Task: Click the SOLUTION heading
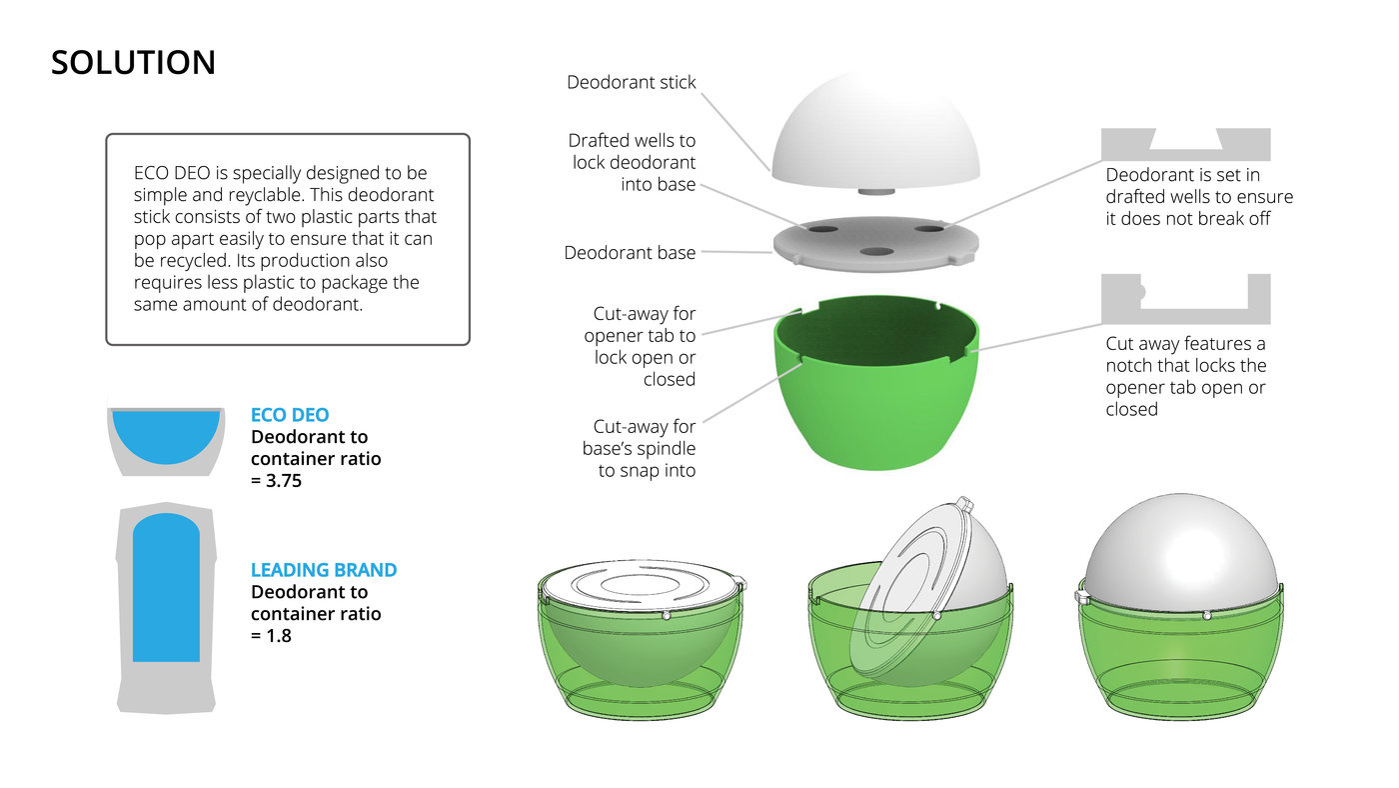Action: [x=133, y=62]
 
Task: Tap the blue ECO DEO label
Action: [x=290, y=414]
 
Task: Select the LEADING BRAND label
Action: [x=324, y=569]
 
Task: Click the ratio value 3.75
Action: [x=284, y=481]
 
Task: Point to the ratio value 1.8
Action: [x=279, y=636]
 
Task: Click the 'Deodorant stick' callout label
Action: [x=631, y=82]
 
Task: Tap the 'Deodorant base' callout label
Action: [x=630, y=252]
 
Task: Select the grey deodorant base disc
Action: [x=875, y=244]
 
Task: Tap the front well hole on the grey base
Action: [x=876, y=251]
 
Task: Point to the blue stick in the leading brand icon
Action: [x=166, y=587]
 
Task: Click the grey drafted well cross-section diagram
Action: [x=1185, y=144]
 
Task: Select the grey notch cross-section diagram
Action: [x=1185, y=299]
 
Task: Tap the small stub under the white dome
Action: [x=875, y=191]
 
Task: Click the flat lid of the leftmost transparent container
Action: [x=641, y=586]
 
